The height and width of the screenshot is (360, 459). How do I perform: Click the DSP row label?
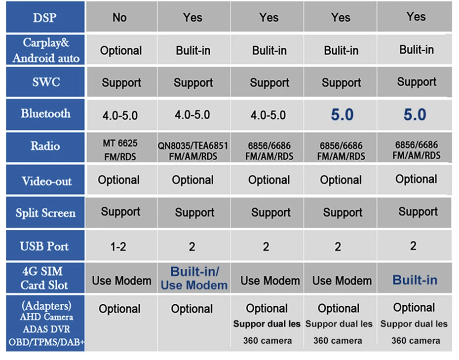(44, 18)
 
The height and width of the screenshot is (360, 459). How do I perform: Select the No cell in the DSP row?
(120, 18)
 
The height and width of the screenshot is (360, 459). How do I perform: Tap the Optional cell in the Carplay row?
(121, 51)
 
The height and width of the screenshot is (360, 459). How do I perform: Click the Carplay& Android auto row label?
(46, 50)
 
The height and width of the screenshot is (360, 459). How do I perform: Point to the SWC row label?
(46, 82)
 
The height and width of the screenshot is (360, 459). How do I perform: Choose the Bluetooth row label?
(45, 113)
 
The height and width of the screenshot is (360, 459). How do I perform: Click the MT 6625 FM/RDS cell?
(120, 150)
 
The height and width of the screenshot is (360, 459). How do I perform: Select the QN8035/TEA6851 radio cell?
(193, 151)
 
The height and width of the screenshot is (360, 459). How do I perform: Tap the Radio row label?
(45, 146)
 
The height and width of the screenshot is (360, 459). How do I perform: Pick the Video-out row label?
(46, 181)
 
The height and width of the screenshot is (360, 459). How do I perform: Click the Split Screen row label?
(45, 213)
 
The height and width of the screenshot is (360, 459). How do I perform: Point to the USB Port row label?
(44, 246)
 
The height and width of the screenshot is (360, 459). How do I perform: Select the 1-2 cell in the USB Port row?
(118, 247)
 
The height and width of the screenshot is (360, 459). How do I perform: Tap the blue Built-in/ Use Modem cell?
(194, 279)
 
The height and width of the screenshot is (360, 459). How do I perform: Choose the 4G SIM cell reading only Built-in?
(415, 280)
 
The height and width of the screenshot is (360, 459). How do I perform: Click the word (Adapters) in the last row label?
(46, 306)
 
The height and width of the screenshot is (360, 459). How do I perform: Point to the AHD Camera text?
(46, 317)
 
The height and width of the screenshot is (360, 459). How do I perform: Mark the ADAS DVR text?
(46, 329)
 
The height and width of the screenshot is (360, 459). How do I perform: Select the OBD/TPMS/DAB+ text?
(46, 342)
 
